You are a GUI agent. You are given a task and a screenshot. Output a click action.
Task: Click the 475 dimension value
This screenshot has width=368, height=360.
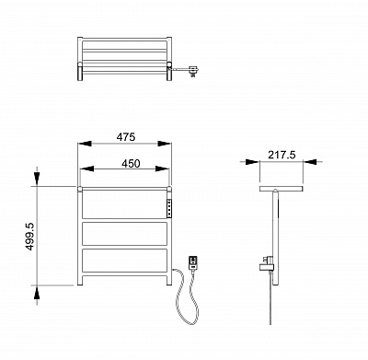coord(126,137)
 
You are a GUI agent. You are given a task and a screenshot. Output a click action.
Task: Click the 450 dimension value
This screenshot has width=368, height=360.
coord(131,164)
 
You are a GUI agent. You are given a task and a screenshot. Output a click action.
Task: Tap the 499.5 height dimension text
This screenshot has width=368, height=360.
coord(30,236)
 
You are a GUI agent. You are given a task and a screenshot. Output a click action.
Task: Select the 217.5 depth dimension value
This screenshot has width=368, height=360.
coord(282,155)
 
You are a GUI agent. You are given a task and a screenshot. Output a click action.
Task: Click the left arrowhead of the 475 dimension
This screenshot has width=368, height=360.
coord(85,144)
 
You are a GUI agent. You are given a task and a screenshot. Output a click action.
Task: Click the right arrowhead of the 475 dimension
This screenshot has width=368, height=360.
coord(165,144)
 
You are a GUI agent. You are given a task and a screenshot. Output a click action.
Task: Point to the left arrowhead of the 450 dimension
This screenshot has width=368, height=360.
coord(87,168)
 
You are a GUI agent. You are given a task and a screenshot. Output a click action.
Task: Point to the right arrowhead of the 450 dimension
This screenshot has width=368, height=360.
coord(162,168)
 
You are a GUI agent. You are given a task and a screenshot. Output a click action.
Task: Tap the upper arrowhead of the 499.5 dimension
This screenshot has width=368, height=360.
coord(37,179)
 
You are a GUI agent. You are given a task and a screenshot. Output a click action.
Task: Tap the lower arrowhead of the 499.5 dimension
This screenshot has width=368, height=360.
coord(37,293)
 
